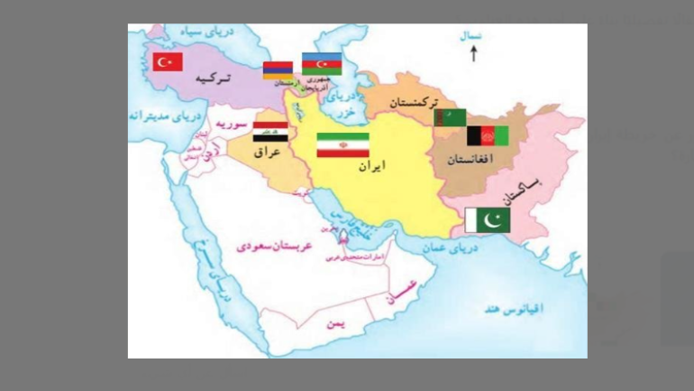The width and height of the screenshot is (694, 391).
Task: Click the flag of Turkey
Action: pyautogui.click(x=168, y=61)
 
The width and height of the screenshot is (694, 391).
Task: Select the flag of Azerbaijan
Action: pyautogui.click(x=321, y=64)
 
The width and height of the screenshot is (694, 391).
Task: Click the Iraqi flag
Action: pyautogui.click(x=270, y=131)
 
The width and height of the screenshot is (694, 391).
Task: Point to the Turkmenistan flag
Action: pyautogui.click(x=451, y=118)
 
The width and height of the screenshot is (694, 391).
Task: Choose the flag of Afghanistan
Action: pyautogui.click(x=487, y=136)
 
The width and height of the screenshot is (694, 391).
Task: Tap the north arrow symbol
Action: pyautogui.click(x=473, y=53)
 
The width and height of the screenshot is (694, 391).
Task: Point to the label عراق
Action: pyautogui.click(x=269, y=153)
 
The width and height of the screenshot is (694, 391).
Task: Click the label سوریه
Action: pyautogui.click(x=236, y=126)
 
